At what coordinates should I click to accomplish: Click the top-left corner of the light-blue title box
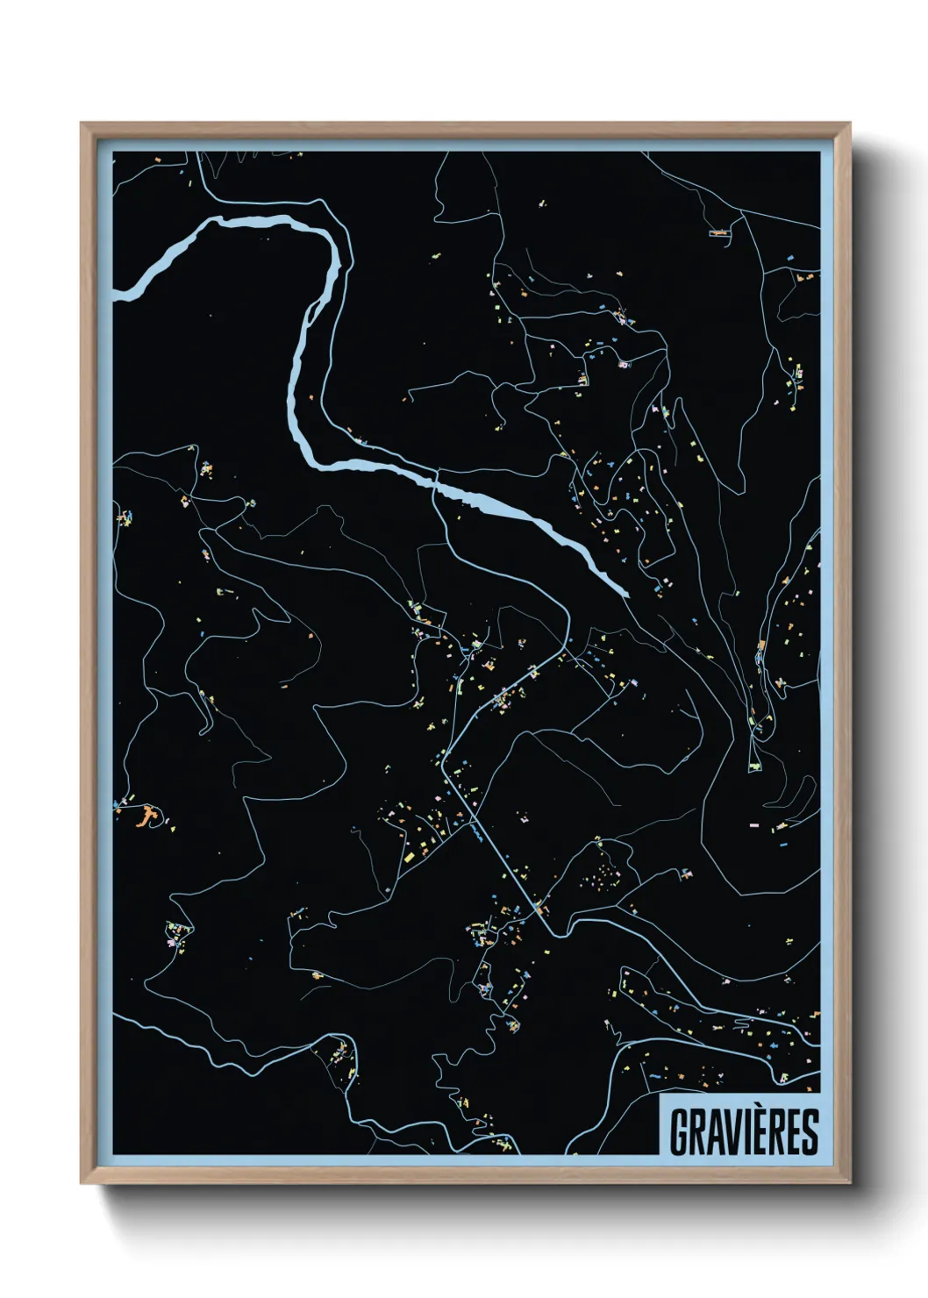[x=660, y=1093]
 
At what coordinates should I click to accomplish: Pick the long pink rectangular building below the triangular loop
[x=753, y=824]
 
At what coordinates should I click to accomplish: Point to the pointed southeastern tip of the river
[x=628, y=595]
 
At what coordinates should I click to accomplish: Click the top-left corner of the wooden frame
[x=81, y=123]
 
